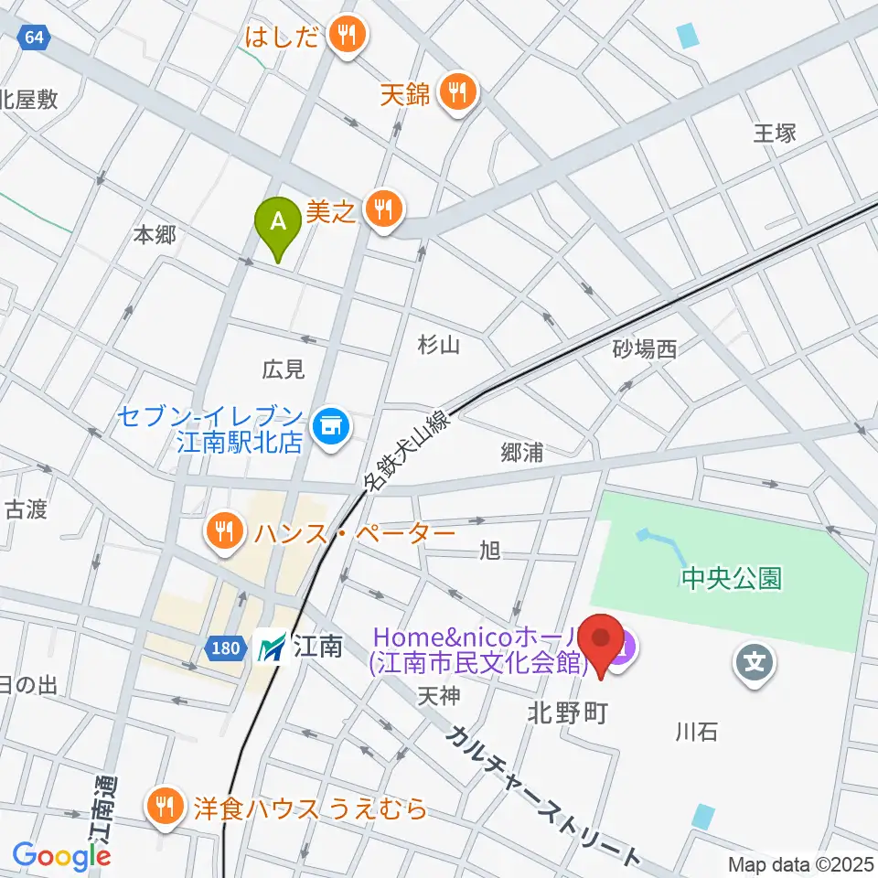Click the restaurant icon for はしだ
(348, 37)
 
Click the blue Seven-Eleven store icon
(328, 425)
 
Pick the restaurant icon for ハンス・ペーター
(224, 531)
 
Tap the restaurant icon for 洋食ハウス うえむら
(166, 807)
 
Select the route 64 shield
(33, 37)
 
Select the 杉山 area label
(438, 345)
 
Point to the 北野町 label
(567, 713)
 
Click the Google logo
(61, 856)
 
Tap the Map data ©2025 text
(800, 863)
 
